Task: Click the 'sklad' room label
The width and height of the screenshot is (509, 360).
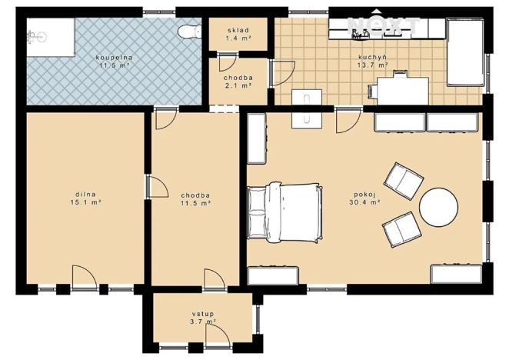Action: click(x=238, y=28)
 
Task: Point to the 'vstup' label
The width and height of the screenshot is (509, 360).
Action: click(x=202, y=315)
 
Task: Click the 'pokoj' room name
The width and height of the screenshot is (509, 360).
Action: click(x=365, y=195)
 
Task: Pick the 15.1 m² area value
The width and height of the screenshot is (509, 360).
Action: click(x=85, y=203)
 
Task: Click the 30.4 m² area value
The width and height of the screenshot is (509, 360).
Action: click(x=365, y=203)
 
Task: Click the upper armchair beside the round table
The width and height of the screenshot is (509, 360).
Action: click(x=404, y=179)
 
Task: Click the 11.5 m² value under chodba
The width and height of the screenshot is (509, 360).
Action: click(x=196, y=203)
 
